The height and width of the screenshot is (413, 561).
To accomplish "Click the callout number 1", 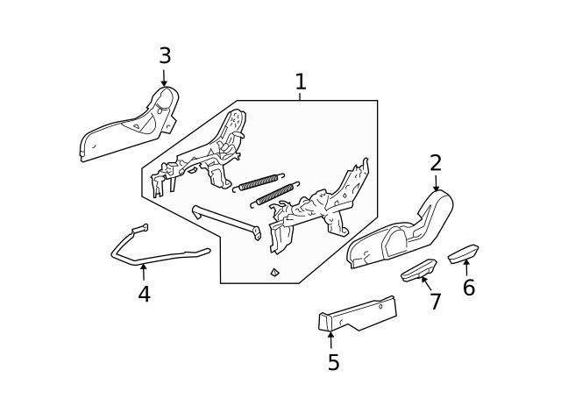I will click(301, 82).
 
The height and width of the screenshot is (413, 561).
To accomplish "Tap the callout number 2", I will click(436, 163).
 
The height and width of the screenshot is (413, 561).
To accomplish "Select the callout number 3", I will click(164, 56).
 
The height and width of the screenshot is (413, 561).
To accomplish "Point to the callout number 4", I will click(144, 295).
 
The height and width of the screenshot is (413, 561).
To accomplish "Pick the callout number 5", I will click(333, 362).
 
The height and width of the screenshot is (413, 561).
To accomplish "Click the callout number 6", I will click(469, 288).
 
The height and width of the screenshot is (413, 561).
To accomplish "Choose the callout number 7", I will click(435, 302).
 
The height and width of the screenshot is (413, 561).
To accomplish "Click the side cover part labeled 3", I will click(131, 127).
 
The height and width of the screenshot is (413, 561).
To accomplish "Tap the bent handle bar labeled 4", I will click(158, 257).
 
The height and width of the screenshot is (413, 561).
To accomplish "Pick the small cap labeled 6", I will click(462, 253).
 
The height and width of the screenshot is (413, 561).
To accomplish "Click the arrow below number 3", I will click(164, 78).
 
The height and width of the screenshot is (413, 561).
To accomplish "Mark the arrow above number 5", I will click(331, 339).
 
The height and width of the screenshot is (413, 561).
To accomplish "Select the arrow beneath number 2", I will click(436, 183).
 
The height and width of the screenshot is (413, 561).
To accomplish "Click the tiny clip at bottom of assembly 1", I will click(274, 272).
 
